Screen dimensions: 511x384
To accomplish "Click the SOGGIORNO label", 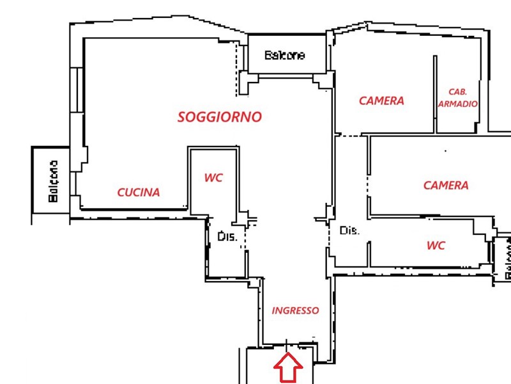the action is pos(220,117).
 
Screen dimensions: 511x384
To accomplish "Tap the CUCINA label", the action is pos(139,193).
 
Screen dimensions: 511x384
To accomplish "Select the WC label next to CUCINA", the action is pos(213,178).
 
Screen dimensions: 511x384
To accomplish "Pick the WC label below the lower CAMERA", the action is pos(436,245).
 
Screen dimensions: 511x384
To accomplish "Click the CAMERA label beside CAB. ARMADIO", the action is pos(381,100).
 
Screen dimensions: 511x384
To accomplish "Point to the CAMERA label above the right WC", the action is pos(446,186).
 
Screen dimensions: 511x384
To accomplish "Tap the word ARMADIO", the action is pos(457,104).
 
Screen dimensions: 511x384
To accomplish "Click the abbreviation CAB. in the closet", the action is pos(457,92).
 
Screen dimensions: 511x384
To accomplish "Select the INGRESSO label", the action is pos(295,310).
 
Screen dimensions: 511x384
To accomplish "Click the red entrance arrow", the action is pos(288,367).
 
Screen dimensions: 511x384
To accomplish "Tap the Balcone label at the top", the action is pos(284,55).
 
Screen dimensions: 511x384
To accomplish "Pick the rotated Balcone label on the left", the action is pos(53,181).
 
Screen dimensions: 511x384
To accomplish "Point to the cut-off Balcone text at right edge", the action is pos(508,259).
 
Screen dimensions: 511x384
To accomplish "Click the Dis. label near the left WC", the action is pos(227,236).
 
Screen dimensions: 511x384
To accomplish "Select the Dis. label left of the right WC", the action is pos(349,230).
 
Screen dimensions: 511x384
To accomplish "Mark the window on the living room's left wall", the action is pos(77,90).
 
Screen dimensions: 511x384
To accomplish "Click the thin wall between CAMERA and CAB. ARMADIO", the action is pos(435,94).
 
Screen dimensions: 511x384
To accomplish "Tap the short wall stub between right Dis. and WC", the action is pos(369,254).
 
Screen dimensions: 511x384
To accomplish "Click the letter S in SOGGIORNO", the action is pos(182,117).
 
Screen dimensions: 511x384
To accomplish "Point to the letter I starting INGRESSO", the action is pos(273,310).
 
